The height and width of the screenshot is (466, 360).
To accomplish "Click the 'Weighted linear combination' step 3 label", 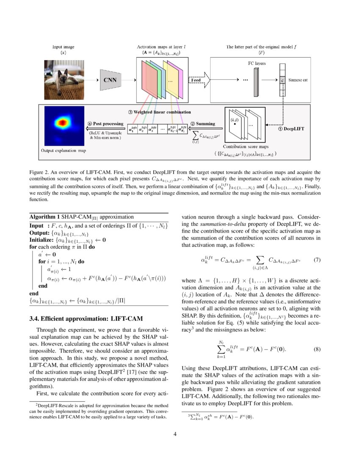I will (x=159, y=112).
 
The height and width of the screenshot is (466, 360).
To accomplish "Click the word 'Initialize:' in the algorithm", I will (x=42, y=240).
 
